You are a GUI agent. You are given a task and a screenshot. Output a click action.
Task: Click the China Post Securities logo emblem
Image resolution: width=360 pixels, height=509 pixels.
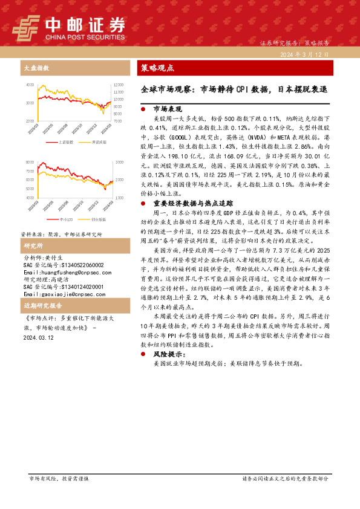point(26,27)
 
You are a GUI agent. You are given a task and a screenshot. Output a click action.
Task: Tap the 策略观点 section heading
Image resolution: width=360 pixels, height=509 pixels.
point(157,68)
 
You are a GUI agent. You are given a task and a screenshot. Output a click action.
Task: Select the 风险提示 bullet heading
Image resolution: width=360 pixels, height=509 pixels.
point(169,354)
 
